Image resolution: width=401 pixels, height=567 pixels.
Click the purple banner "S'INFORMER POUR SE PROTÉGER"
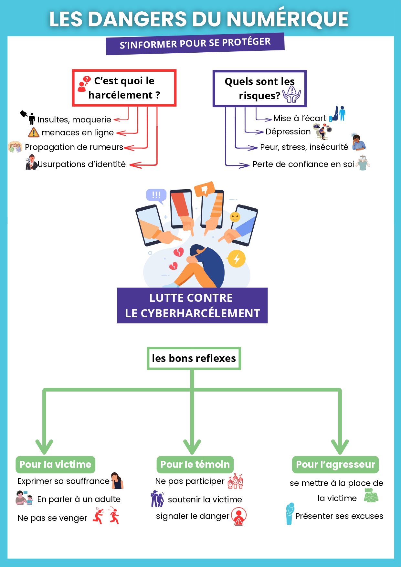pyautogui.click(x=195, y=44)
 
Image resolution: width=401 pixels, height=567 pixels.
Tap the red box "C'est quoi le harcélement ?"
pyautogui.click(x=124, y=88)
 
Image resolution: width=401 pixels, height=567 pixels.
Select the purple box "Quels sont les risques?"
pyautogui.click(x=259, y=88)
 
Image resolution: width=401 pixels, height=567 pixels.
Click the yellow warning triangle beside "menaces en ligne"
pyautogui.click(x=34, y=132)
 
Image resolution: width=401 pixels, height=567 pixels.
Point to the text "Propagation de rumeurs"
pyautogui.click(x=74, y=147)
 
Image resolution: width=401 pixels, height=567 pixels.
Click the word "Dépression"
pyautogui.click(x=288, y=132)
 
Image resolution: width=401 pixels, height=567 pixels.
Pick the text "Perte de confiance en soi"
pyautogui.click(x=303, y=164)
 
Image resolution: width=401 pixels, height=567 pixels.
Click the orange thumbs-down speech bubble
pyautogui.click(x=204, y=189)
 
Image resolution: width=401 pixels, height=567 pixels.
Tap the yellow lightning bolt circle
pyautogui.click(x=237, y=258)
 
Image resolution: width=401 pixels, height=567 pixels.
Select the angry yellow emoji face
pyautogui.click(x=235, y=217)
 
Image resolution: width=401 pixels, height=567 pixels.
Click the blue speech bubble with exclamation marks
pyautogui.click(x=156, y=195)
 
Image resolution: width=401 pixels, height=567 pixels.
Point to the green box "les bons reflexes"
pyautogui.click(x=194, y=358)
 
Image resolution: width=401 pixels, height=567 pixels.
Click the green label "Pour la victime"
pyautogui.click(x=55, y=465)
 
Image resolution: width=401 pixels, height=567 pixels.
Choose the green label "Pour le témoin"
pyautogui.click(x=195, y=465)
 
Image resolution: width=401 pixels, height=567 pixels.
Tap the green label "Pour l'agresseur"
pyautogui.click(x=335, y=465)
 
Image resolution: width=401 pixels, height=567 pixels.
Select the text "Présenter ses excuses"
pyautogui.click(x=339, y=516)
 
